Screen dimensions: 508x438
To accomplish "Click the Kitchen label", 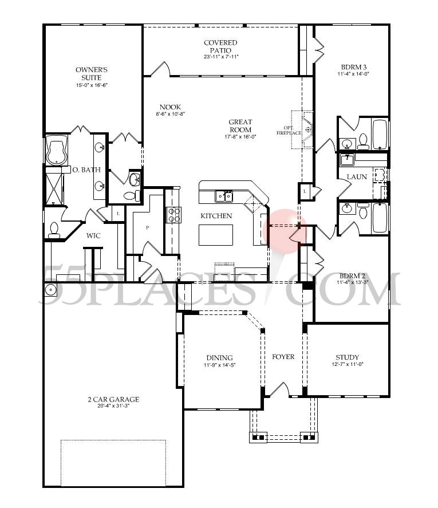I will coord(216,216).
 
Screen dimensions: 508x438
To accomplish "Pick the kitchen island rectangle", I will coord(216,235).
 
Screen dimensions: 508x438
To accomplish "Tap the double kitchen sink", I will coord(224,196).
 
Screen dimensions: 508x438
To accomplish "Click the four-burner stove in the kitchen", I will coord(173,215).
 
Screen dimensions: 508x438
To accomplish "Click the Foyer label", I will coord(283,357).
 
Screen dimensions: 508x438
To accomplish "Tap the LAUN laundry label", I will coord(356,177).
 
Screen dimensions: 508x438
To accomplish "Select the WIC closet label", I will coord(94,235).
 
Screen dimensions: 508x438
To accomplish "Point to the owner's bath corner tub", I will coord(56,151).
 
